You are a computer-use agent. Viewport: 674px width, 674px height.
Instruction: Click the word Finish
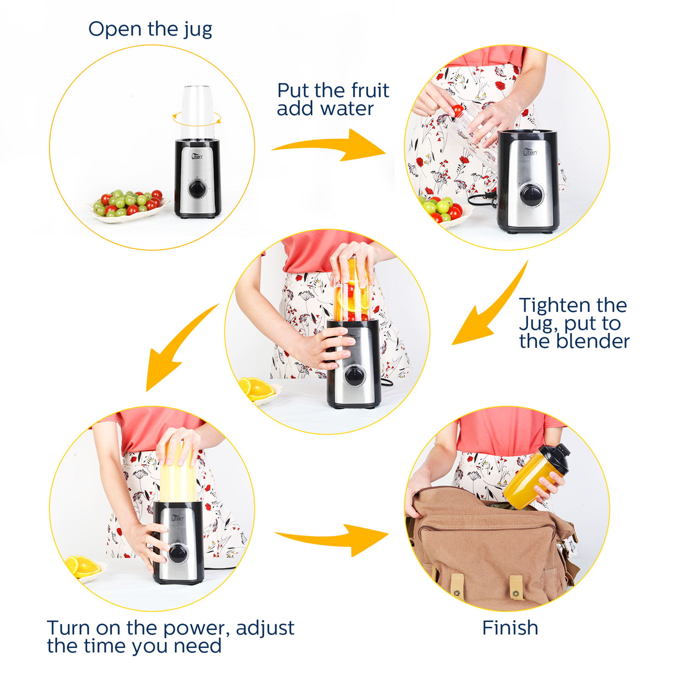tap(510, 628)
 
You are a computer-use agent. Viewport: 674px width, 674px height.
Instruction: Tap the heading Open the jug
tap(150, 29)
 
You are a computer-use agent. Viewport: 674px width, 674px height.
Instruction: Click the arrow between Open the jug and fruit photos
tap(329, 146)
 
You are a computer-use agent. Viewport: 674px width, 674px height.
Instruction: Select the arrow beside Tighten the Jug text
tap(489, 308)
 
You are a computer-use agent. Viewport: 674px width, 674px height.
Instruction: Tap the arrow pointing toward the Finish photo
tap(333, 539)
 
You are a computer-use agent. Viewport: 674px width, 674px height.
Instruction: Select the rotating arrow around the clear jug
tap(197, 119)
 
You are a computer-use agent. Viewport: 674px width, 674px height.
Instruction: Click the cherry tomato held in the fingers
tap(457, 111)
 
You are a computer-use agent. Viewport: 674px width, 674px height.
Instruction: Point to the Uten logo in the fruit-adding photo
tap(530, 152)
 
